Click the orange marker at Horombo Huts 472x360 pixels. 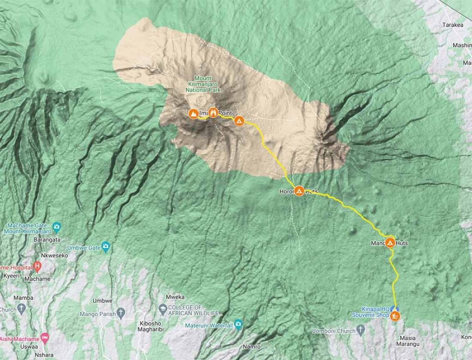(299, 191)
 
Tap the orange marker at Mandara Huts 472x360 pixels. (390, 242)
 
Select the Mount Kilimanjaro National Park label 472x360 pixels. (203, 84)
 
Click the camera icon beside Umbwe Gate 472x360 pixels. (106, 247)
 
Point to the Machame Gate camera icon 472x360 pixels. (57, 226)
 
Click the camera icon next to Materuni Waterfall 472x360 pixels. (238, 324)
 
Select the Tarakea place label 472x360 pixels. (452, 25)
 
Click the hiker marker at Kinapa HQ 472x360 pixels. (395, 316)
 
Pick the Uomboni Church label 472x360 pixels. (333, 331)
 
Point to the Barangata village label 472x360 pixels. (47, 240)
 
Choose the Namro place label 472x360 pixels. (252, 347)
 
